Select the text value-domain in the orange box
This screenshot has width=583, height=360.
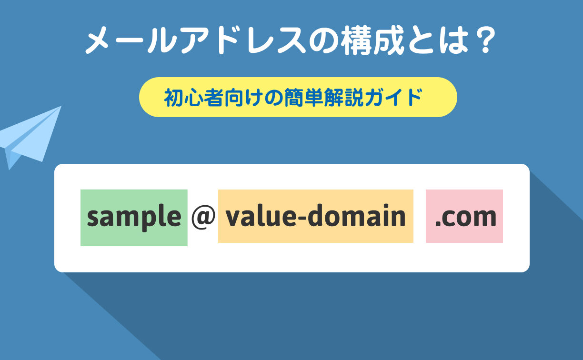(x=315, y=215)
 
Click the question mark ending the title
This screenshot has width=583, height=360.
(x=485, y=40)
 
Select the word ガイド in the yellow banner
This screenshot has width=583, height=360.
(x=393, y=98)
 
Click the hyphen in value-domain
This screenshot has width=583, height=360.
(x=302, y=217)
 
